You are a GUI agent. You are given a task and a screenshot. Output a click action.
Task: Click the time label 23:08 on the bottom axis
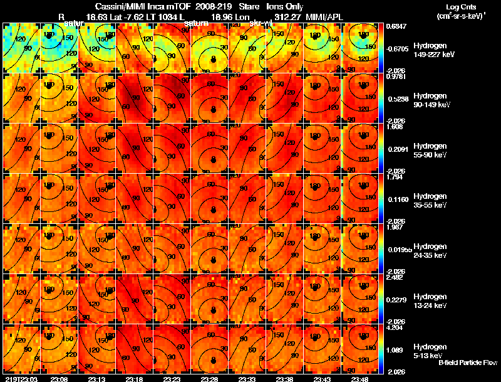59,379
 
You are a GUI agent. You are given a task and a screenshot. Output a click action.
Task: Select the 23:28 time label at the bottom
211,379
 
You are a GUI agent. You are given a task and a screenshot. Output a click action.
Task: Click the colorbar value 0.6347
395,25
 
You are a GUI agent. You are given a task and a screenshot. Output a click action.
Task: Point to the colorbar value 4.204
395,327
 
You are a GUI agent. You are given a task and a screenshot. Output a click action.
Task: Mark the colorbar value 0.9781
395,76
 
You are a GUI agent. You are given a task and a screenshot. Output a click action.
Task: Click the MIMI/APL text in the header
324,16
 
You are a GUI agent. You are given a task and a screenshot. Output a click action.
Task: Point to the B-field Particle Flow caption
467,363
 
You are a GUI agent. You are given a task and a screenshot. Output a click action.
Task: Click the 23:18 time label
135,379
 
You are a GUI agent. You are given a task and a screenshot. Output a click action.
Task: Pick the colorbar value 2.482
395,277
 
